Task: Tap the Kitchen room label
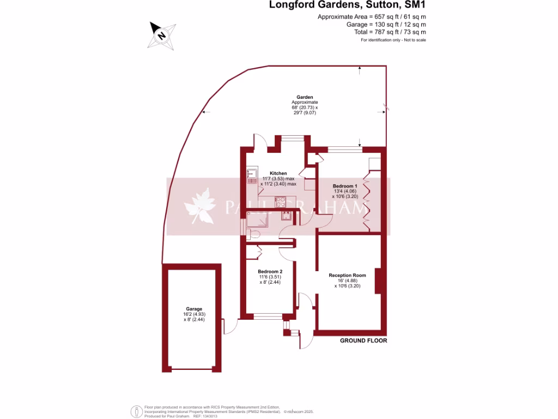click(x=278, y=173)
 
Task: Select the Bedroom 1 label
click(x=345, y=186)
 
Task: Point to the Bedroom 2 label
click(x=270, y=272)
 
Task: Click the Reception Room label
click(x=347, y=276)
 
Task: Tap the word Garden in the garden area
click(x=305, y=97)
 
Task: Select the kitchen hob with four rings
click(x=282, y=202)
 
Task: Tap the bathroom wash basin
click(x=287, y=216)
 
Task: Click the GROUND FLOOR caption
click(x=363, y=340)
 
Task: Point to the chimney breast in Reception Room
click(x=378, y=280)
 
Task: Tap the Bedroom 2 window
click(x=268, y=316)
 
